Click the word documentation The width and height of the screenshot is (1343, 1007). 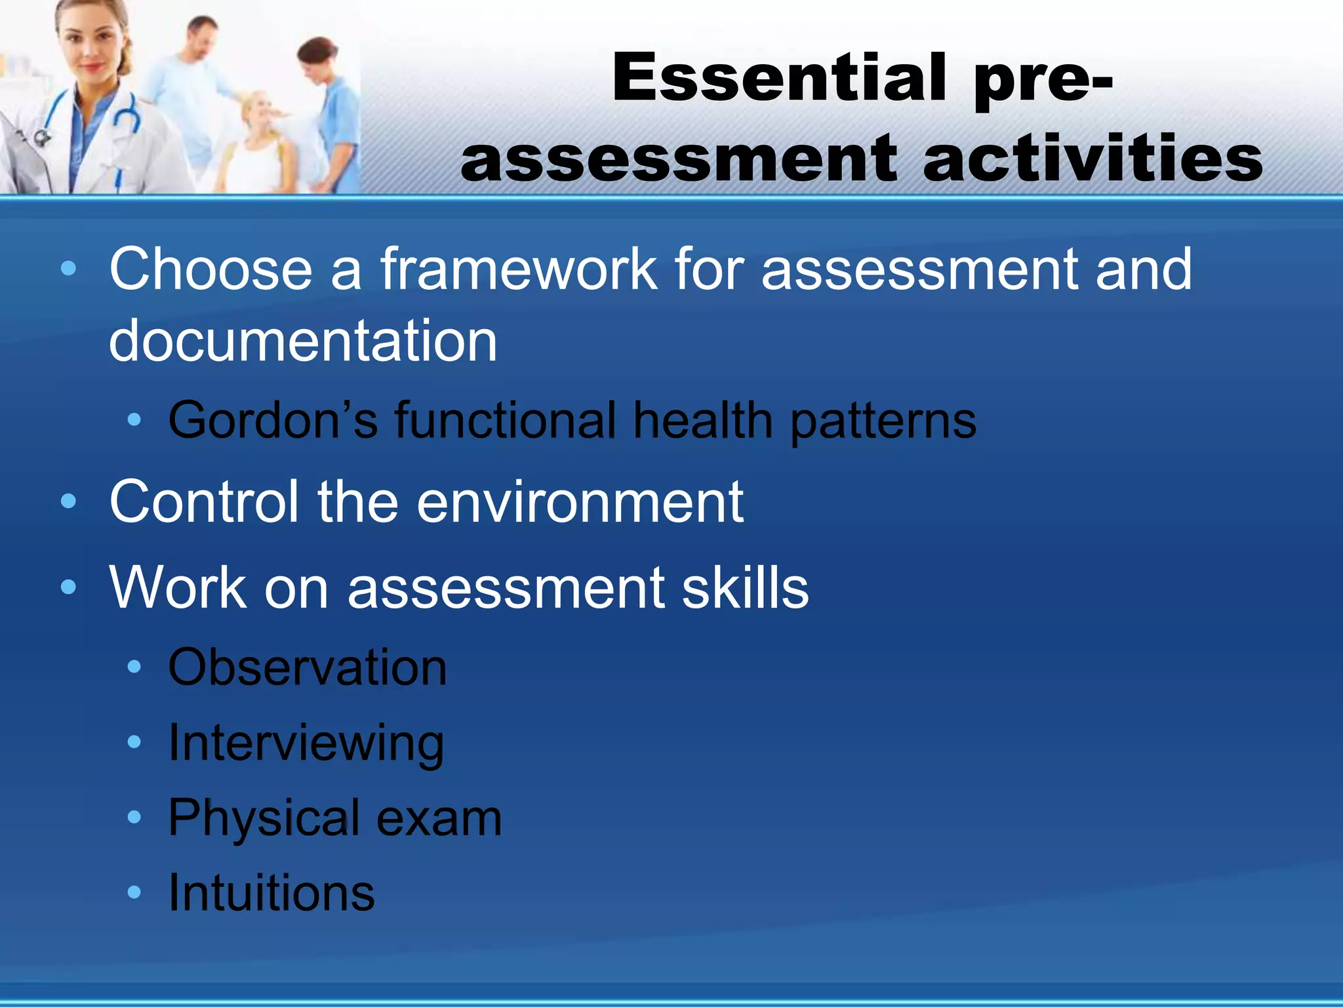pyautogui.click(x=303, y=341)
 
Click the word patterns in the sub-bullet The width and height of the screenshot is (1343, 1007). pyautogui.click(x=883, y=422)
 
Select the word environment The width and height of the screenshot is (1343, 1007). pyautogui.click(x=580, y=502)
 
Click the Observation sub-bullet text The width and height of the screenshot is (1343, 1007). pyautogui.click(x=308, y=667)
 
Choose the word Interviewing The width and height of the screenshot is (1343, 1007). pyautogui.click(x=306, y=744)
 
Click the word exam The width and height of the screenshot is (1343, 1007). pyautogui.click(x=439, y=818)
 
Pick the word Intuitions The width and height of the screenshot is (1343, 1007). pyautogui.click(x=271, y=893)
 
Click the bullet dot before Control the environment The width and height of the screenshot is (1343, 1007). pyautogui.click(x=68, y=502)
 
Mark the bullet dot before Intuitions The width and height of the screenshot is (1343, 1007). pyautogui.click(x=134, y=892)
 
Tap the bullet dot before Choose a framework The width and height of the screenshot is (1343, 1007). pyautogui.click(x=68, y=269)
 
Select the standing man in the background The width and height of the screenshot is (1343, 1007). pyautogui.click(x=197, y=79)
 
